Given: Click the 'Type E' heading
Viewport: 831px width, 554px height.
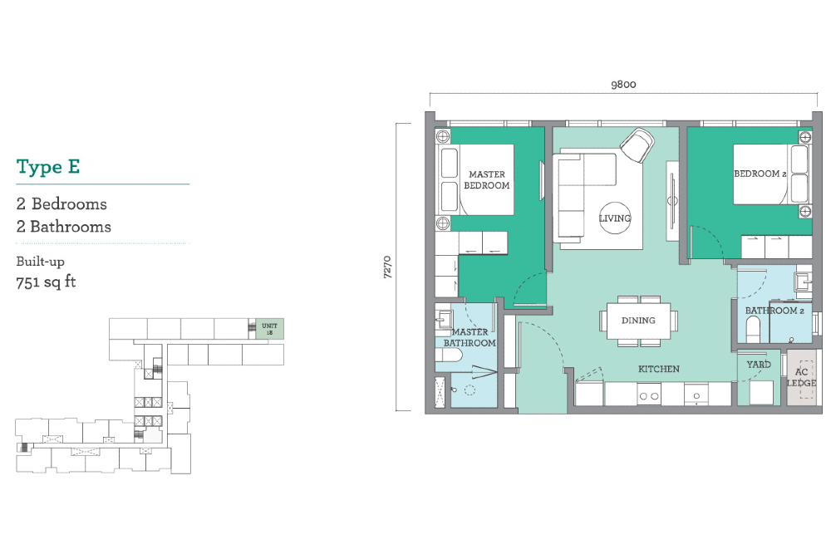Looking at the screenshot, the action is click(48, 167).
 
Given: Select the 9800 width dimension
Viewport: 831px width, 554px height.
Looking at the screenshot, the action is click(623, 84).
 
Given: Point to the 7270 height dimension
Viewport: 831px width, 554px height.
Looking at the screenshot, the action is click(387, 267).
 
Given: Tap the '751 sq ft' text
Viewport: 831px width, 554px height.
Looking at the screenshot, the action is click(46, 282).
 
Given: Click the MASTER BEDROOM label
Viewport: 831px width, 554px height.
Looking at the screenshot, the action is click(486, 179).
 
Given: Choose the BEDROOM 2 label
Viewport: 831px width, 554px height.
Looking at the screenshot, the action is click(760, 174).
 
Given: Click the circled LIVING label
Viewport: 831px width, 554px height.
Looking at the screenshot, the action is click(615, 218).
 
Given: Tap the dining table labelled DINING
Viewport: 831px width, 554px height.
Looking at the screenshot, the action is click(638, 321).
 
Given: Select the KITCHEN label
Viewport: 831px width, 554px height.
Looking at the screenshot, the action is click(659, 369).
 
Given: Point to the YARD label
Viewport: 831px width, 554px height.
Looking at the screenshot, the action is click(759, 365).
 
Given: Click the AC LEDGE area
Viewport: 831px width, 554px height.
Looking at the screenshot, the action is click(801, 378).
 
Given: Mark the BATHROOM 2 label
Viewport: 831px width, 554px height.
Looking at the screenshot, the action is click(774, 311).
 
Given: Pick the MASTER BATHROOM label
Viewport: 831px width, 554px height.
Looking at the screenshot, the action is click(470, 337).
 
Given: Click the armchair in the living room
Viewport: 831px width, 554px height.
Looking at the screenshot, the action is click(637, 145).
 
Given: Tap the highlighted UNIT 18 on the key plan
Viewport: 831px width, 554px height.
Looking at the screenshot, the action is click(270, 329).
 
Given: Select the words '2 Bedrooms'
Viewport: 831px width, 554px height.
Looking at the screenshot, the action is click(61, 204).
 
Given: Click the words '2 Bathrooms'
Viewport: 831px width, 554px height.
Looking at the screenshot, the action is click(64, 227).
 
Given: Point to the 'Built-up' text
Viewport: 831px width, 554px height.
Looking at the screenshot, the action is click(40, 262).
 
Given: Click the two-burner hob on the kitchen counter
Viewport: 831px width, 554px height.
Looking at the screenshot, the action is click(649, 395).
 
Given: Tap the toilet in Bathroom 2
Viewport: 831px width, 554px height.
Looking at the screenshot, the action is click(752, 332).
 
